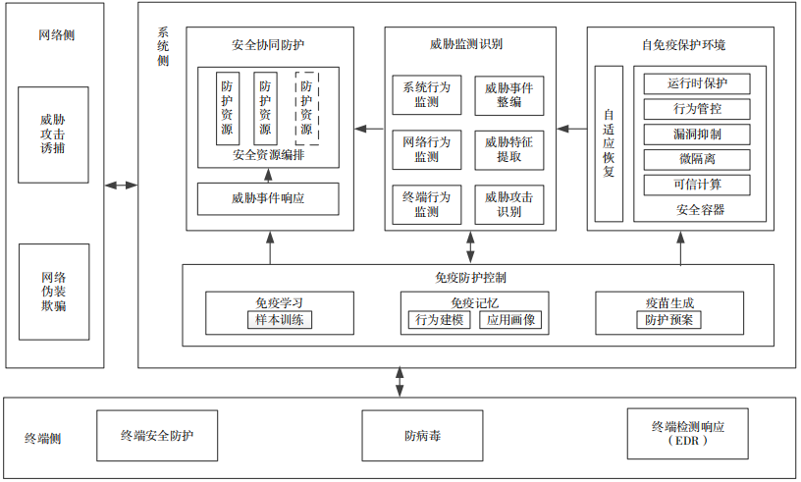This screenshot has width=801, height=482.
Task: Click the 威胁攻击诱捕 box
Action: pos(53,134)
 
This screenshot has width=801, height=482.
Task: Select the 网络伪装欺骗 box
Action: pos(54,292)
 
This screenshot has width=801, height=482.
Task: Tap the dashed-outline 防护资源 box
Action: pos(307,108)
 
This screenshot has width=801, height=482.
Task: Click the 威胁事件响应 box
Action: pos(268,199)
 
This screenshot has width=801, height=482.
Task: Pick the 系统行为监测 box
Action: pos(427,95)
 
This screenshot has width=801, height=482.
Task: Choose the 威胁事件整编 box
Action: pos(509,95)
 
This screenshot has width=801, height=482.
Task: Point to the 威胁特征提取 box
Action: pos(509,150)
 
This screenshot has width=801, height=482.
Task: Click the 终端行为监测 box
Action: pos(427,204)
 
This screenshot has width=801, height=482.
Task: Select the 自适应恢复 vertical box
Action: pos(609,143)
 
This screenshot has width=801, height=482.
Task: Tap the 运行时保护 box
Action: pos(697,83)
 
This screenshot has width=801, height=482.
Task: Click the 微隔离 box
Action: pos(697,159)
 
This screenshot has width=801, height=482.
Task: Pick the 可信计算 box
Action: pos(697,185)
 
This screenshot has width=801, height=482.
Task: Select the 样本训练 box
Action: pos(280,320)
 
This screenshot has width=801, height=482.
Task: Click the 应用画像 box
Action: pos(510,320)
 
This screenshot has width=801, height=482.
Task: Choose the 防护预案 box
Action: pos(668,320)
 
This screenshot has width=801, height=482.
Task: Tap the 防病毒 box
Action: pos(422,436)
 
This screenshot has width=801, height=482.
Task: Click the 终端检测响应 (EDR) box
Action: pos(687,434)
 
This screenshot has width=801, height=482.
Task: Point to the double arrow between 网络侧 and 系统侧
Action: pos(121,185)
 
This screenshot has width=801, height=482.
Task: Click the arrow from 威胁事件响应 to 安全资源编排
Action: pos(268,176)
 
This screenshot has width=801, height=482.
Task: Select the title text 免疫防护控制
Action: pos(470,278)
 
